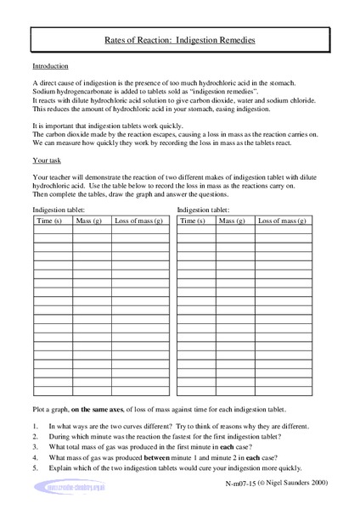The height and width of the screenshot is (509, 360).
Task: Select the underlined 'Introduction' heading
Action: pyautogui.click(x=50, y=66)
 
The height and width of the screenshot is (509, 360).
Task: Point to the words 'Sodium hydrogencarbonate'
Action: pyautogui.click(x=70, y=91)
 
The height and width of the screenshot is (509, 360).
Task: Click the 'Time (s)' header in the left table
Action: pyautogui.click(x=52, y=221)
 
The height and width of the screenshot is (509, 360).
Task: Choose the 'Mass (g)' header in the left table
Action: pyautogui.click(x=90, y=221)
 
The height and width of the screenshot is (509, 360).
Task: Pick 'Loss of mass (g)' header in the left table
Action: pyautogui.click(x=138, y=221)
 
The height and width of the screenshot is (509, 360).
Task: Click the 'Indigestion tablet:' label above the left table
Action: pyautogui.click(x=59, y=209)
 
